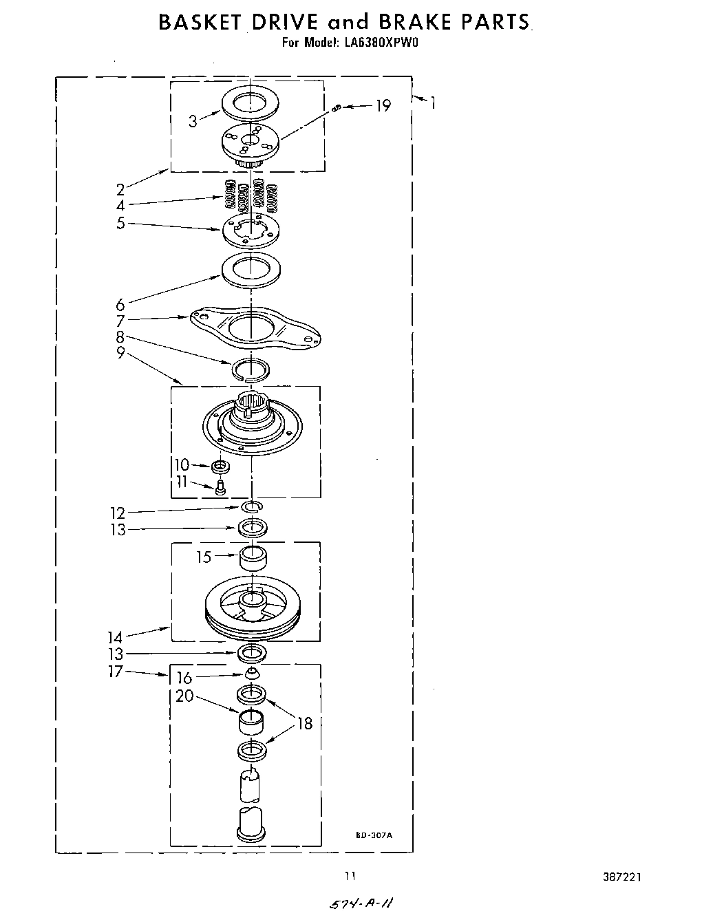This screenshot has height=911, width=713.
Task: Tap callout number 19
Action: point(383,106)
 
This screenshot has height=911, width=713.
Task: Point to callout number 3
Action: point(193,122)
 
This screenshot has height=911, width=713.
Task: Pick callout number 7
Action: point(120,321)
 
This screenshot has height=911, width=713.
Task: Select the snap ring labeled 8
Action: point(252,369)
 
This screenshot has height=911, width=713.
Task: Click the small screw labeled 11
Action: point(221,488)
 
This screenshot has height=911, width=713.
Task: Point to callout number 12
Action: point(118,513)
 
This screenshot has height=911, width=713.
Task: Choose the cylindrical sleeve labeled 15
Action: point(253,557)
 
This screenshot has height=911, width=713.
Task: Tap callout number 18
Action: point(304,723)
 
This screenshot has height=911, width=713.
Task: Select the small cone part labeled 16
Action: point(252,673)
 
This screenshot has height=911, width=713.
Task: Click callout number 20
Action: point(184,696)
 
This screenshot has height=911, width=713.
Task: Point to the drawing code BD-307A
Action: point(374,835)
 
